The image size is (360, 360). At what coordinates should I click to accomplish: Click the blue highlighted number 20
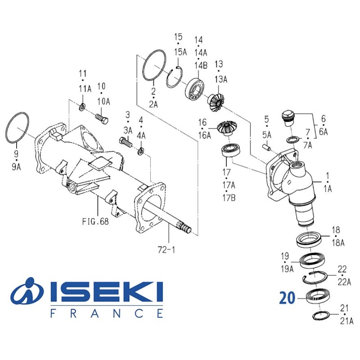click(287, 298)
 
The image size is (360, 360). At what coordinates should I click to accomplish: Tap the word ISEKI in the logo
click(105, 293)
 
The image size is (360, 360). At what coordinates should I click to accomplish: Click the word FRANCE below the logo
click(106, 313)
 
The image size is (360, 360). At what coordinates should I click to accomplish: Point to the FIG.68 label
click(95, 221)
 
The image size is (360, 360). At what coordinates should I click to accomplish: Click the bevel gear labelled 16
click(225, 128)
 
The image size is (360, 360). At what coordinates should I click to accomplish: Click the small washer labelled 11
click(82, 107)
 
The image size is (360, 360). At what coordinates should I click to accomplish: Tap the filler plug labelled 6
click(287, 116)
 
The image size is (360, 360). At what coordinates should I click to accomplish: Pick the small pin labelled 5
click(266, 146)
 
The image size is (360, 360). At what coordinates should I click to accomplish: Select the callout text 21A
click(347, 321)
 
